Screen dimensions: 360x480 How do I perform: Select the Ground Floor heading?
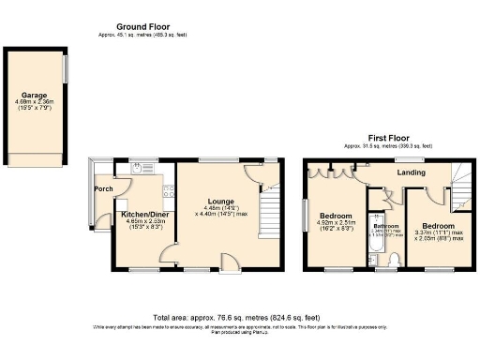[142, 25]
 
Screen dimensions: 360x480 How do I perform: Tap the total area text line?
[239, 319]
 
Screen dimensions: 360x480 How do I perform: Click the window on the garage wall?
[66, 70]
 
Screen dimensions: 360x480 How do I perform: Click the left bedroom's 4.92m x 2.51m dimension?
[333, 222]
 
